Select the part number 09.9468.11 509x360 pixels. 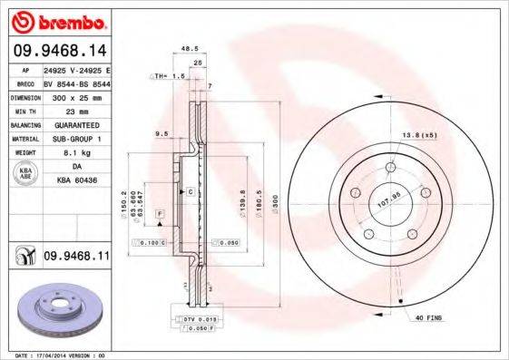coord(76,258)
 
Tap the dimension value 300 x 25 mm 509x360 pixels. coord(76,94)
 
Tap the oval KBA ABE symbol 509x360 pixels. coord(26,174)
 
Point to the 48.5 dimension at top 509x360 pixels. coord(189,48)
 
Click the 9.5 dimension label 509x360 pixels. coord(163,133)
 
